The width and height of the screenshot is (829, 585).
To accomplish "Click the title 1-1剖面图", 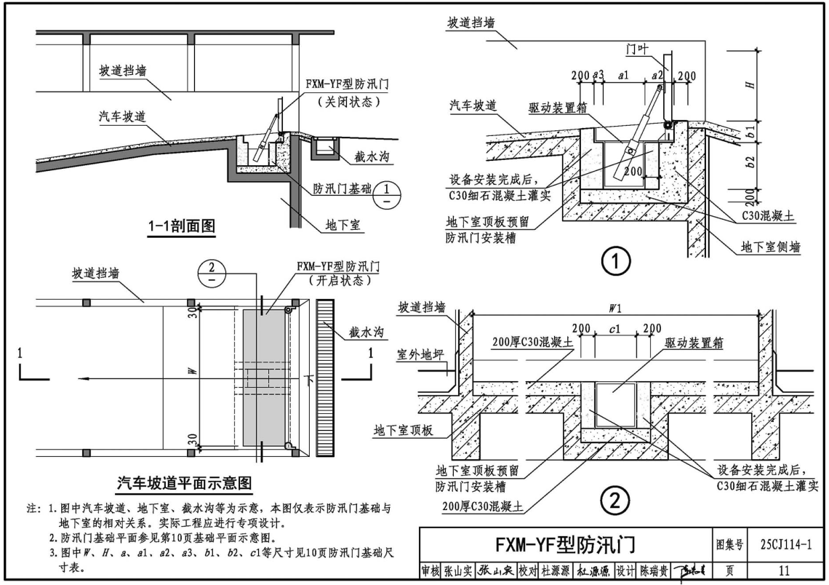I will pyautogui.click(x=177, y=226).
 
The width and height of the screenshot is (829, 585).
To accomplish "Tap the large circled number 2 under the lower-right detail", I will pyautogui.click(x=615, y=500).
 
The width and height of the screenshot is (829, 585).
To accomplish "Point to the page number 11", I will pyautogui.click(x=783, y=570).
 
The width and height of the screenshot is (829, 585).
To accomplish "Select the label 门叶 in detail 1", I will pyautogui.click(x=638, y=49).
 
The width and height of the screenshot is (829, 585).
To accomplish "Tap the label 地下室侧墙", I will pyautogui.click(x=770, y=247).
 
